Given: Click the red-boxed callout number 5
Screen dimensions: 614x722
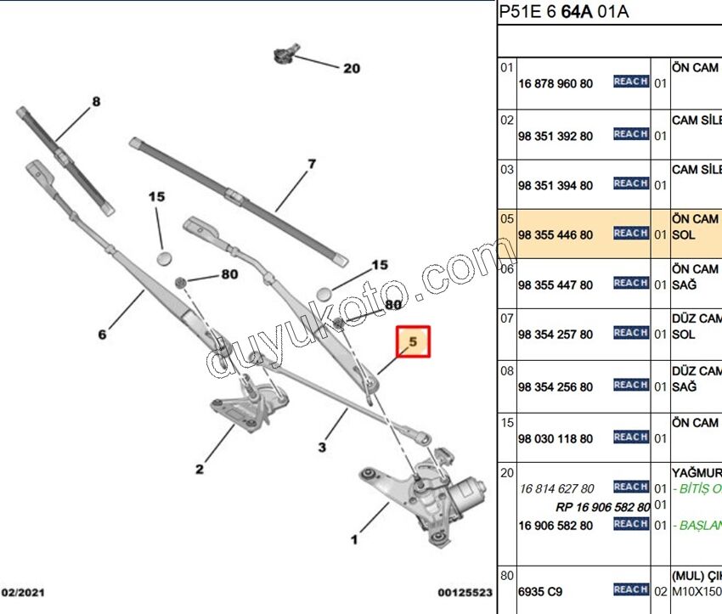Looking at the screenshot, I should [415, 341].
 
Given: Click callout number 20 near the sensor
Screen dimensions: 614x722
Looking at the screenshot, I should [352, 69].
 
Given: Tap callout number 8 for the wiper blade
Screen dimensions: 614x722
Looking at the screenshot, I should [96, 102].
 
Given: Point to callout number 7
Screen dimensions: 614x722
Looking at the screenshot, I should [312, 164].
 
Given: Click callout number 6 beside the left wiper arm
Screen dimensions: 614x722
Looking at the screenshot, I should [102, 335].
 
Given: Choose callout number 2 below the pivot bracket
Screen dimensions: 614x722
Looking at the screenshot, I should [199, 469].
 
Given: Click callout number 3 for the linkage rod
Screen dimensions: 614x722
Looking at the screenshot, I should [323, 447].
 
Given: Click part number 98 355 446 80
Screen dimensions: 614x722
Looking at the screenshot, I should [556, 235].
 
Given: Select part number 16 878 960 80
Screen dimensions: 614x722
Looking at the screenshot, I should [556, 83].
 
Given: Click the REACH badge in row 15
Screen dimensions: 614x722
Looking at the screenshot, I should [630, 437].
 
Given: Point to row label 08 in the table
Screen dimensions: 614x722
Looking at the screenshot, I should [506, 371].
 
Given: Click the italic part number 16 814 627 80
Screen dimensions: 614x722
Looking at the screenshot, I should [556, 488].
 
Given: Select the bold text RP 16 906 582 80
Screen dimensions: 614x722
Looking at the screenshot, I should [602, 507].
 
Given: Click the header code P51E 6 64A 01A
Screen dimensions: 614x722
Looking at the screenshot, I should [563, 13].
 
